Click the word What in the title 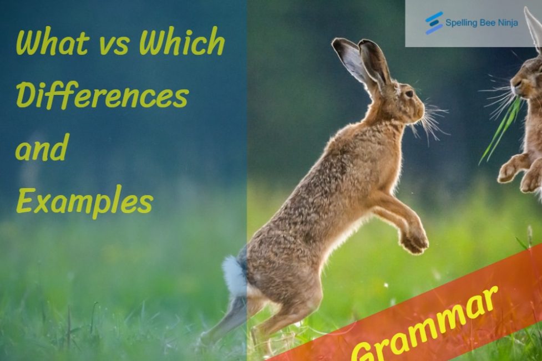(x=52, y=43)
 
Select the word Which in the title (x=182, y=43)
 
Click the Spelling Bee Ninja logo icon (x=434, y=23)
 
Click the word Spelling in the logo (x=459, y=23)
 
